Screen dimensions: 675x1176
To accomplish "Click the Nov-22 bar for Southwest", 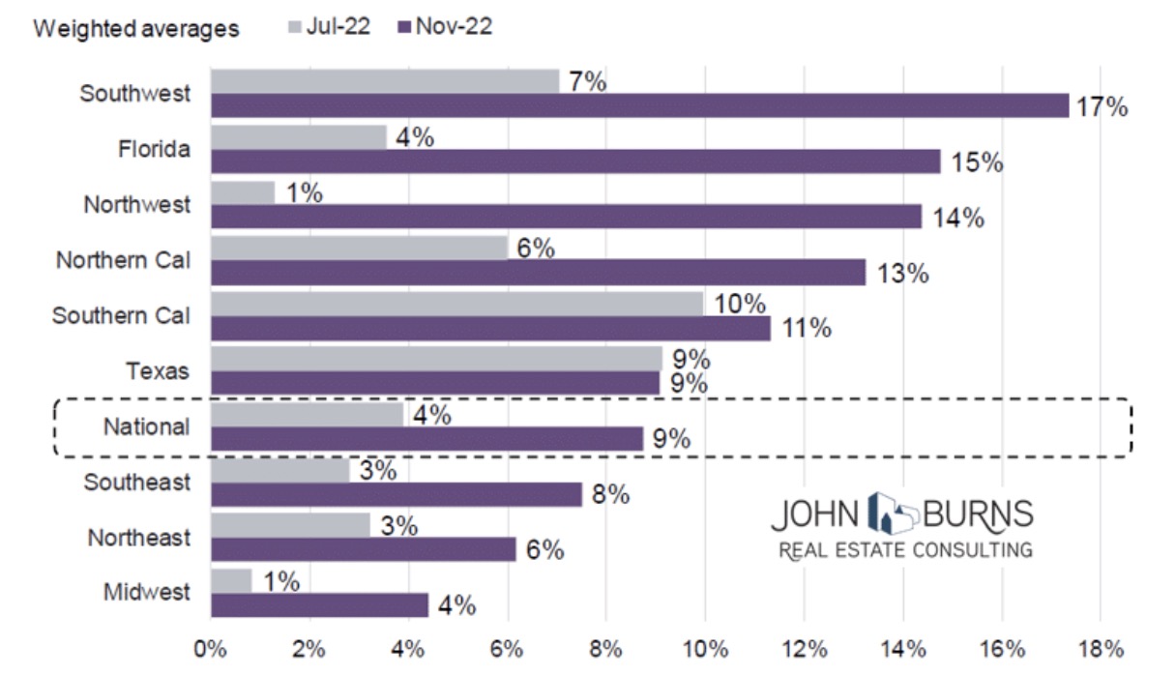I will (x=638, y=105).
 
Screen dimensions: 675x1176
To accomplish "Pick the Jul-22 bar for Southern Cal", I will (x=456, y=304).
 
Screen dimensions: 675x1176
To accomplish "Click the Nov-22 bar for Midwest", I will (x=319, y=605).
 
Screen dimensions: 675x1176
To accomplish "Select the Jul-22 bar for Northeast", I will (x=290, y=525).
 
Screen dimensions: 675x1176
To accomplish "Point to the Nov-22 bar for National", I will (x=426, y=438).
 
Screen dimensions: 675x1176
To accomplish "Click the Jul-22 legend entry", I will (x=329, y=27).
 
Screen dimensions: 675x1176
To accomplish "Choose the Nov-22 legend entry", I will (x=445, y=27).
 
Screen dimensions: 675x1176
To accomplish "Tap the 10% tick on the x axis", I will (x=704, y=647).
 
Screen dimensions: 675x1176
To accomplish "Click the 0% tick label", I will (x=210, y=647).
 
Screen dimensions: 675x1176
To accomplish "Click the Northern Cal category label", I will (x=123, y=260).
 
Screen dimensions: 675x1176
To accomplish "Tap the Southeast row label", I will (x=137, y=481).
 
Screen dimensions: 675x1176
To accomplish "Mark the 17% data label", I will (x=1102, y=106).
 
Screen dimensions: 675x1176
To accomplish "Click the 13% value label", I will (x=903, y=274).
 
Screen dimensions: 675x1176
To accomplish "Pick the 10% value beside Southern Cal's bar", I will (x=739, y=304).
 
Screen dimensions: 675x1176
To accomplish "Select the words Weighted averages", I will (x=136, y=28).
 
